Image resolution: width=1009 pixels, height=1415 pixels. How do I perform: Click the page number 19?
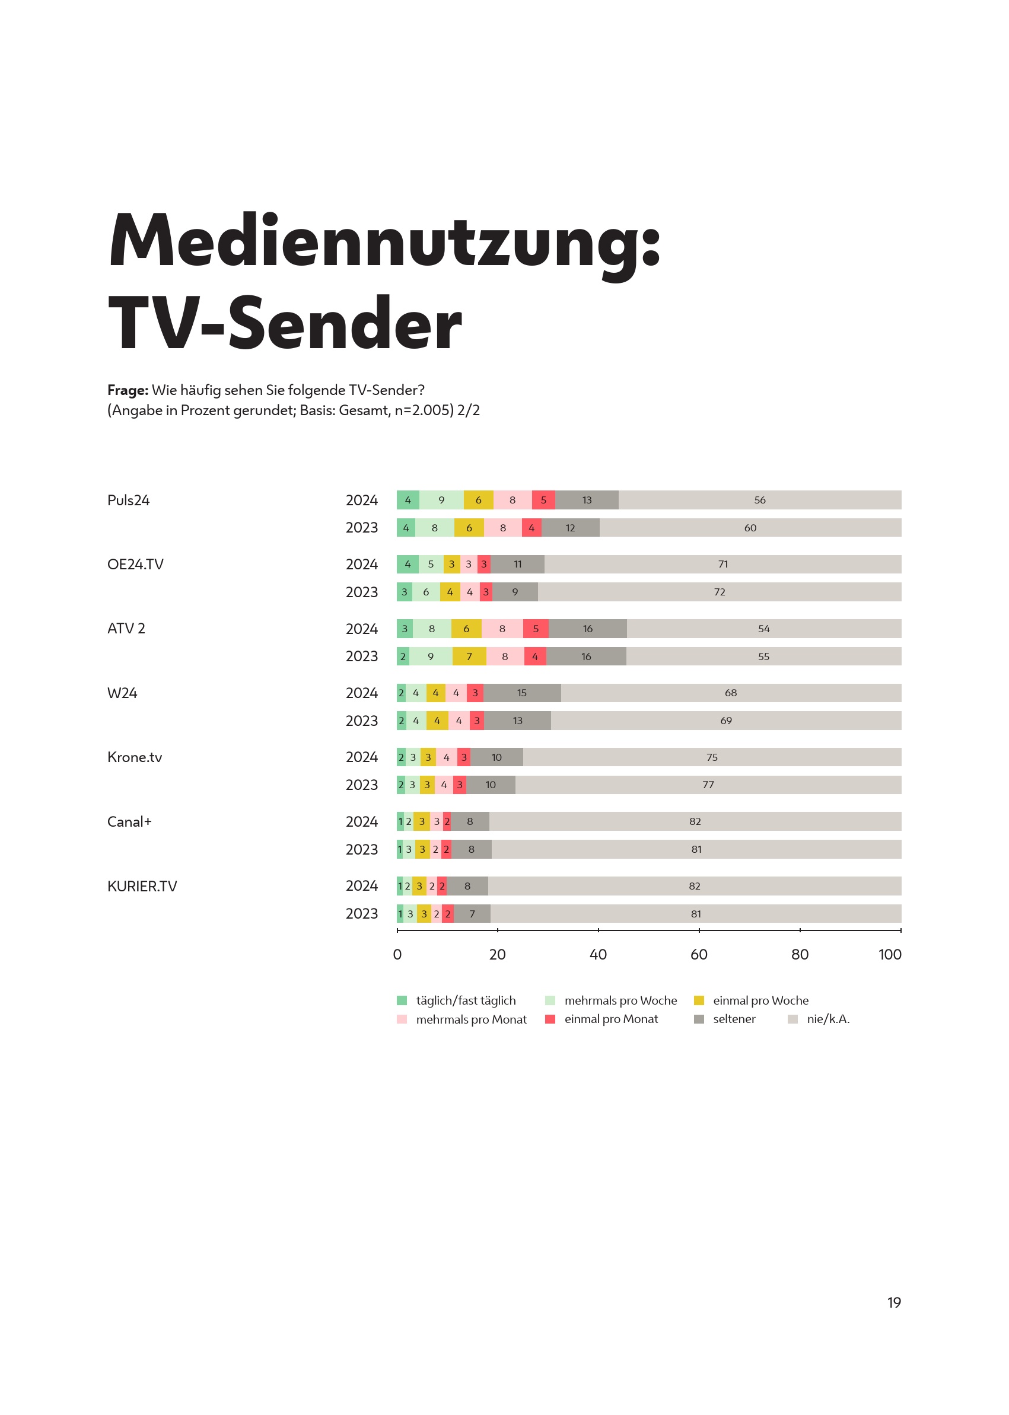click(x=893, y=1302)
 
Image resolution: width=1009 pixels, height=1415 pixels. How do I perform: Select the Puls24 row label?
click(x=129, y=500)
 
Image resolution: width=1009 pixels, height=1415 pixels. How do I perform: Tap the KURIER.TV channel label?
click(x=142, y=886)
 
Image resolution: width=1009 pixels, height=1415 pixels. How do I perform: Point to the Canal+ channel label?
click(x=129, y=821)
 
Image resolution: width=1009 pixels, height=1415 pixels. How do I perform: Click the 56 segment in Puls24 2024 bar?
click(x=759, y=500)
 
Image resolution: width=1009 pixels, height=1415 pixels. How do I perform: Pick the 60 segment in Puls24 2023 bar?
click(x=750, y=527)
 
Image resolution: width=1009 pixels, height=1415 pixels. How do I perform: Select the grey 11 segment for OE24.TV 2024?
click(x=517, y=564)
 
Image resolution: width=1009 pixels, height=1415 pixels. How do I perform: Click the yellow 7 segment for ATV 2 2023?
click(x=469, y=656)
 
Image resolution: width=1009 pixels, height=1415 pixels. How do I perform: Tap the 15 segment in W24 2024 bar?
click(x=522, y=693)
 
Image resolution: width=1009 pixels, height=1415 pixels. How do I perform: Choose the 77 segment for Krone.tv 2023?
click(x=708, y=785)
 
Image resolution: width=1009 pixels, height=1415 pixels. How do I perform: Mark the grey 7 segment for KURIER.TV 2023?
click(x=472, y=914)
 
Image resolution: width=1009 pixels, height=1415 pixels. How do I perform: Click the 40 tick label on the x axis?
click(x=598, y=955)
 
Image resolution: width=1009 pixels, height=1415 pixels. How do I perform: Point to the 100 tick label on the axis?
click(x=889, y=955)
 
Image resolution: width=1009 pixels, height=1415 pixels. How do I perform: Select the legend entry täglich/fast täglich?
click(x=466, y=1000)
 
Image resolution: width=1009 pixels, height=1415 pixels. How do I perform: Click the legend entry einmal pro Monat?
click(x=611, y=1019)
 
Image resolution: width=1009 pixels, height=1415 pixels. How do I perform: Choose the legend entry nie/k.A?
click(x=827, y=1019)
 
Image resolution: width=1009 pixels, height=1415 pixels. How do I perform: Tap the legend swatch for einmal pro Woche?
click(x=699, y=1000)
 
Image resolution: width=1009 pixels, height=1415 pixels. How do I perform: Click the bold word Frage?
click(x=128, y=390)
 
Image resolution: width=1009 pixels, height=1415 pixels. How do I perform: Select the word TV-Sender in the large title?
click(x=285, y=324)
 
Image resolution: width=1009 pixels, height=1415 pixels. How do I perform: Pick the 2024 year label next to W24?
click(x=362, y=693)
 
